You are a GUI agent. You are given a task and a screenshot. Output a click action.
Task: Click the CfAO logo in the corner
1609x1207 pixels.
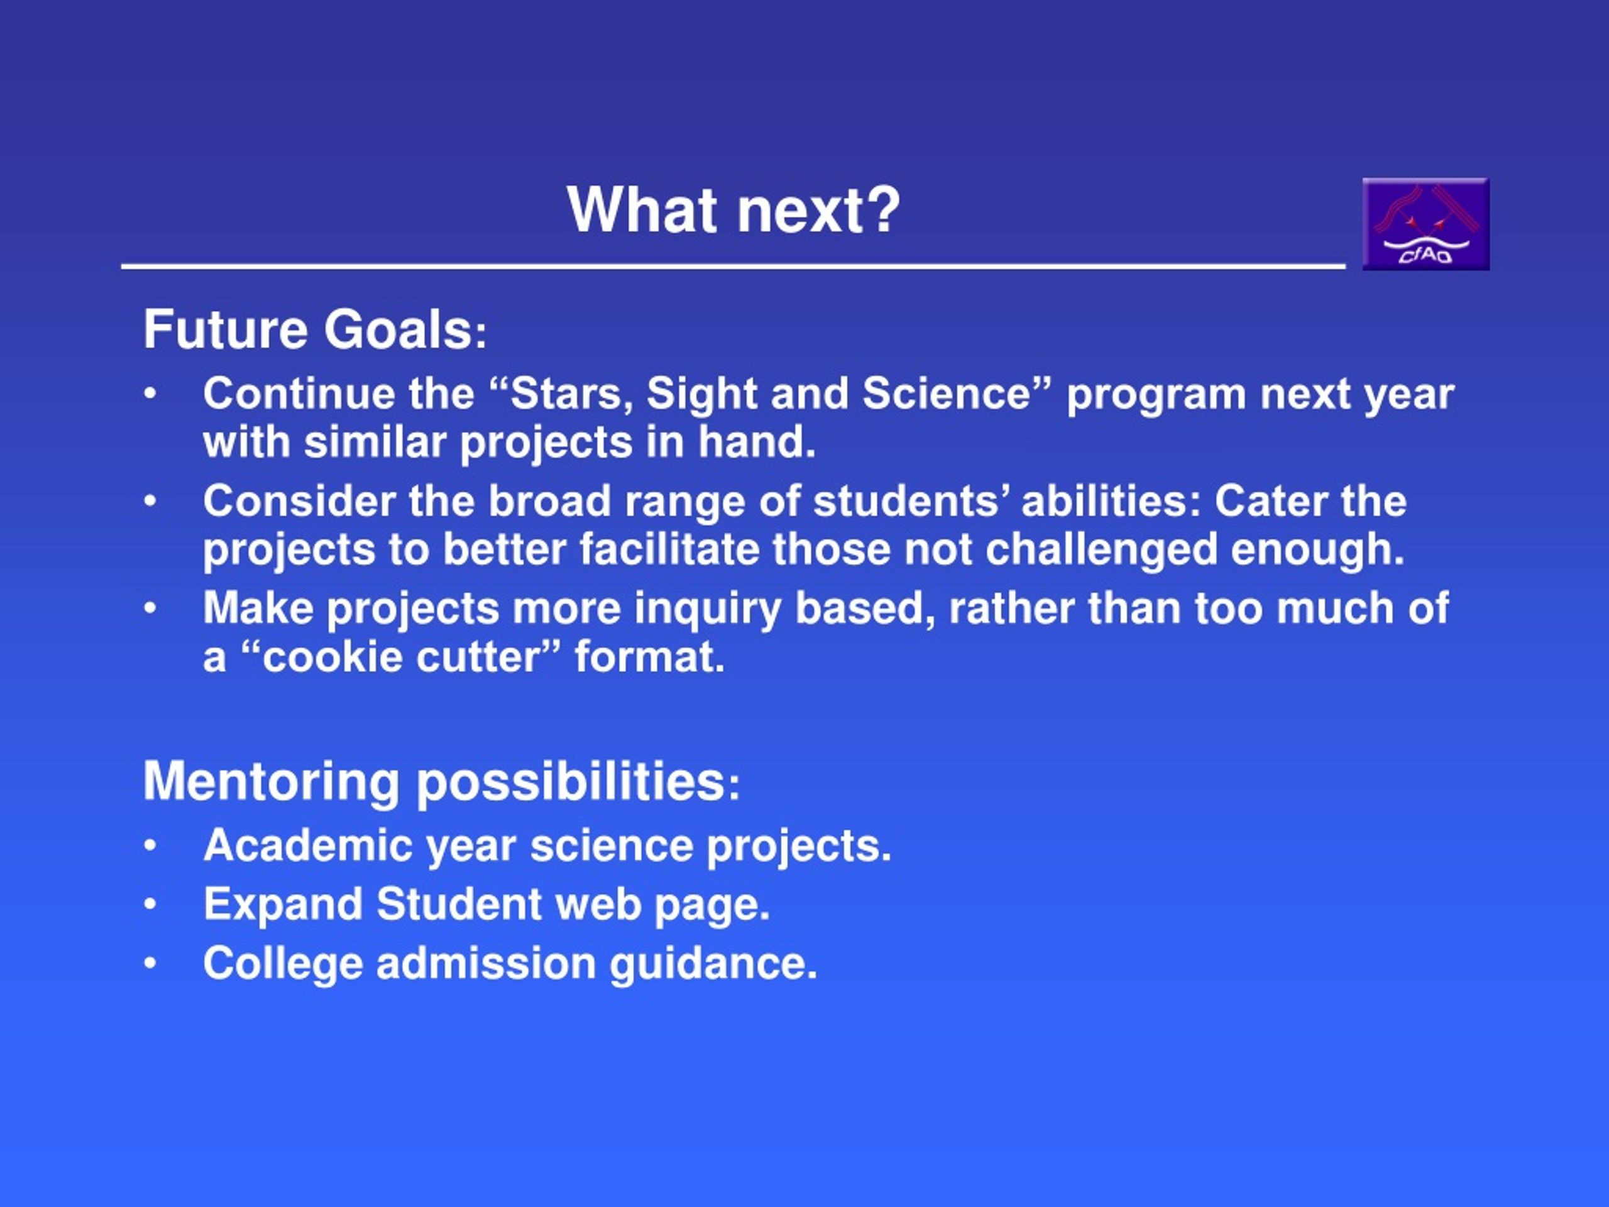tap(1425, 224)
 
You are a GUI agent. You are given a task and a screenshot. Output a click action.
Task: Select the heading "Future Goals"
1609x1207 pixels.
tap(309, 329)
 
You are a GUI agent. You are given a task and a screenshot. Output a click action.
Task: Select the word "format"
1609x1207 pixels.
tap(644, 657)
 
